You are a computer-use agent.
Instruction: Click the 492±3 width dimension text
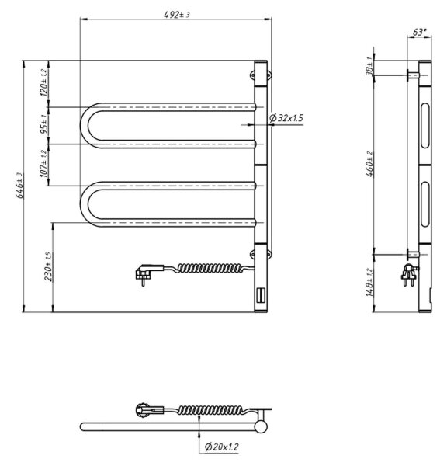(x=176, y=14)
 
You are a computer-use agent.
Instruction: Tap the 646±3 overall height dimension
(x=19, y=186)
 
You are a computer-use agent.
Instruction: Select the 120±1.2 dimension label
(x=43, y=82)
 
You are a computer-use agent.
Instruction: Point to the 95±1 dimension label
(x=43, y=124)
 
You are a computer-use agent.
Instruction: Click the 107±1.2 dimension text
(x=43, y=163)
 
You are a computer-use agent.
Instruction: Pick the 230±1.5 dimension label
(x=48, y=266)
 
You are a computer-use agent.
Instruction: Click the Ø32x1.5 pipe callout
(x=286, y=118)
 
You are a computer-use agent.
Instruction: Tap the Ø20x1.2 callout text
(x=222, y=447)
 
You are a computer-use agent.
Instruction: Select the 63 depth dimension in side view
(x=419, y=32)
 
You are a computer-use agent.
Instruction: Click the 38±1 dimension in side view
(x=369, y=67)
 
